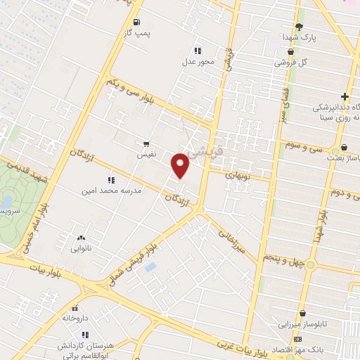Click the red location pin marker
pos(181,166)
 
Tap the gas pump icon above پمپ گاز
pos(146,22)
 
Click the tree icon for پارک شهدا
pos(299,26)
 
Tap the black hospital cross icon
pos(345,96)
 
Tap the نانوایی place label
pos(81,248)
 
